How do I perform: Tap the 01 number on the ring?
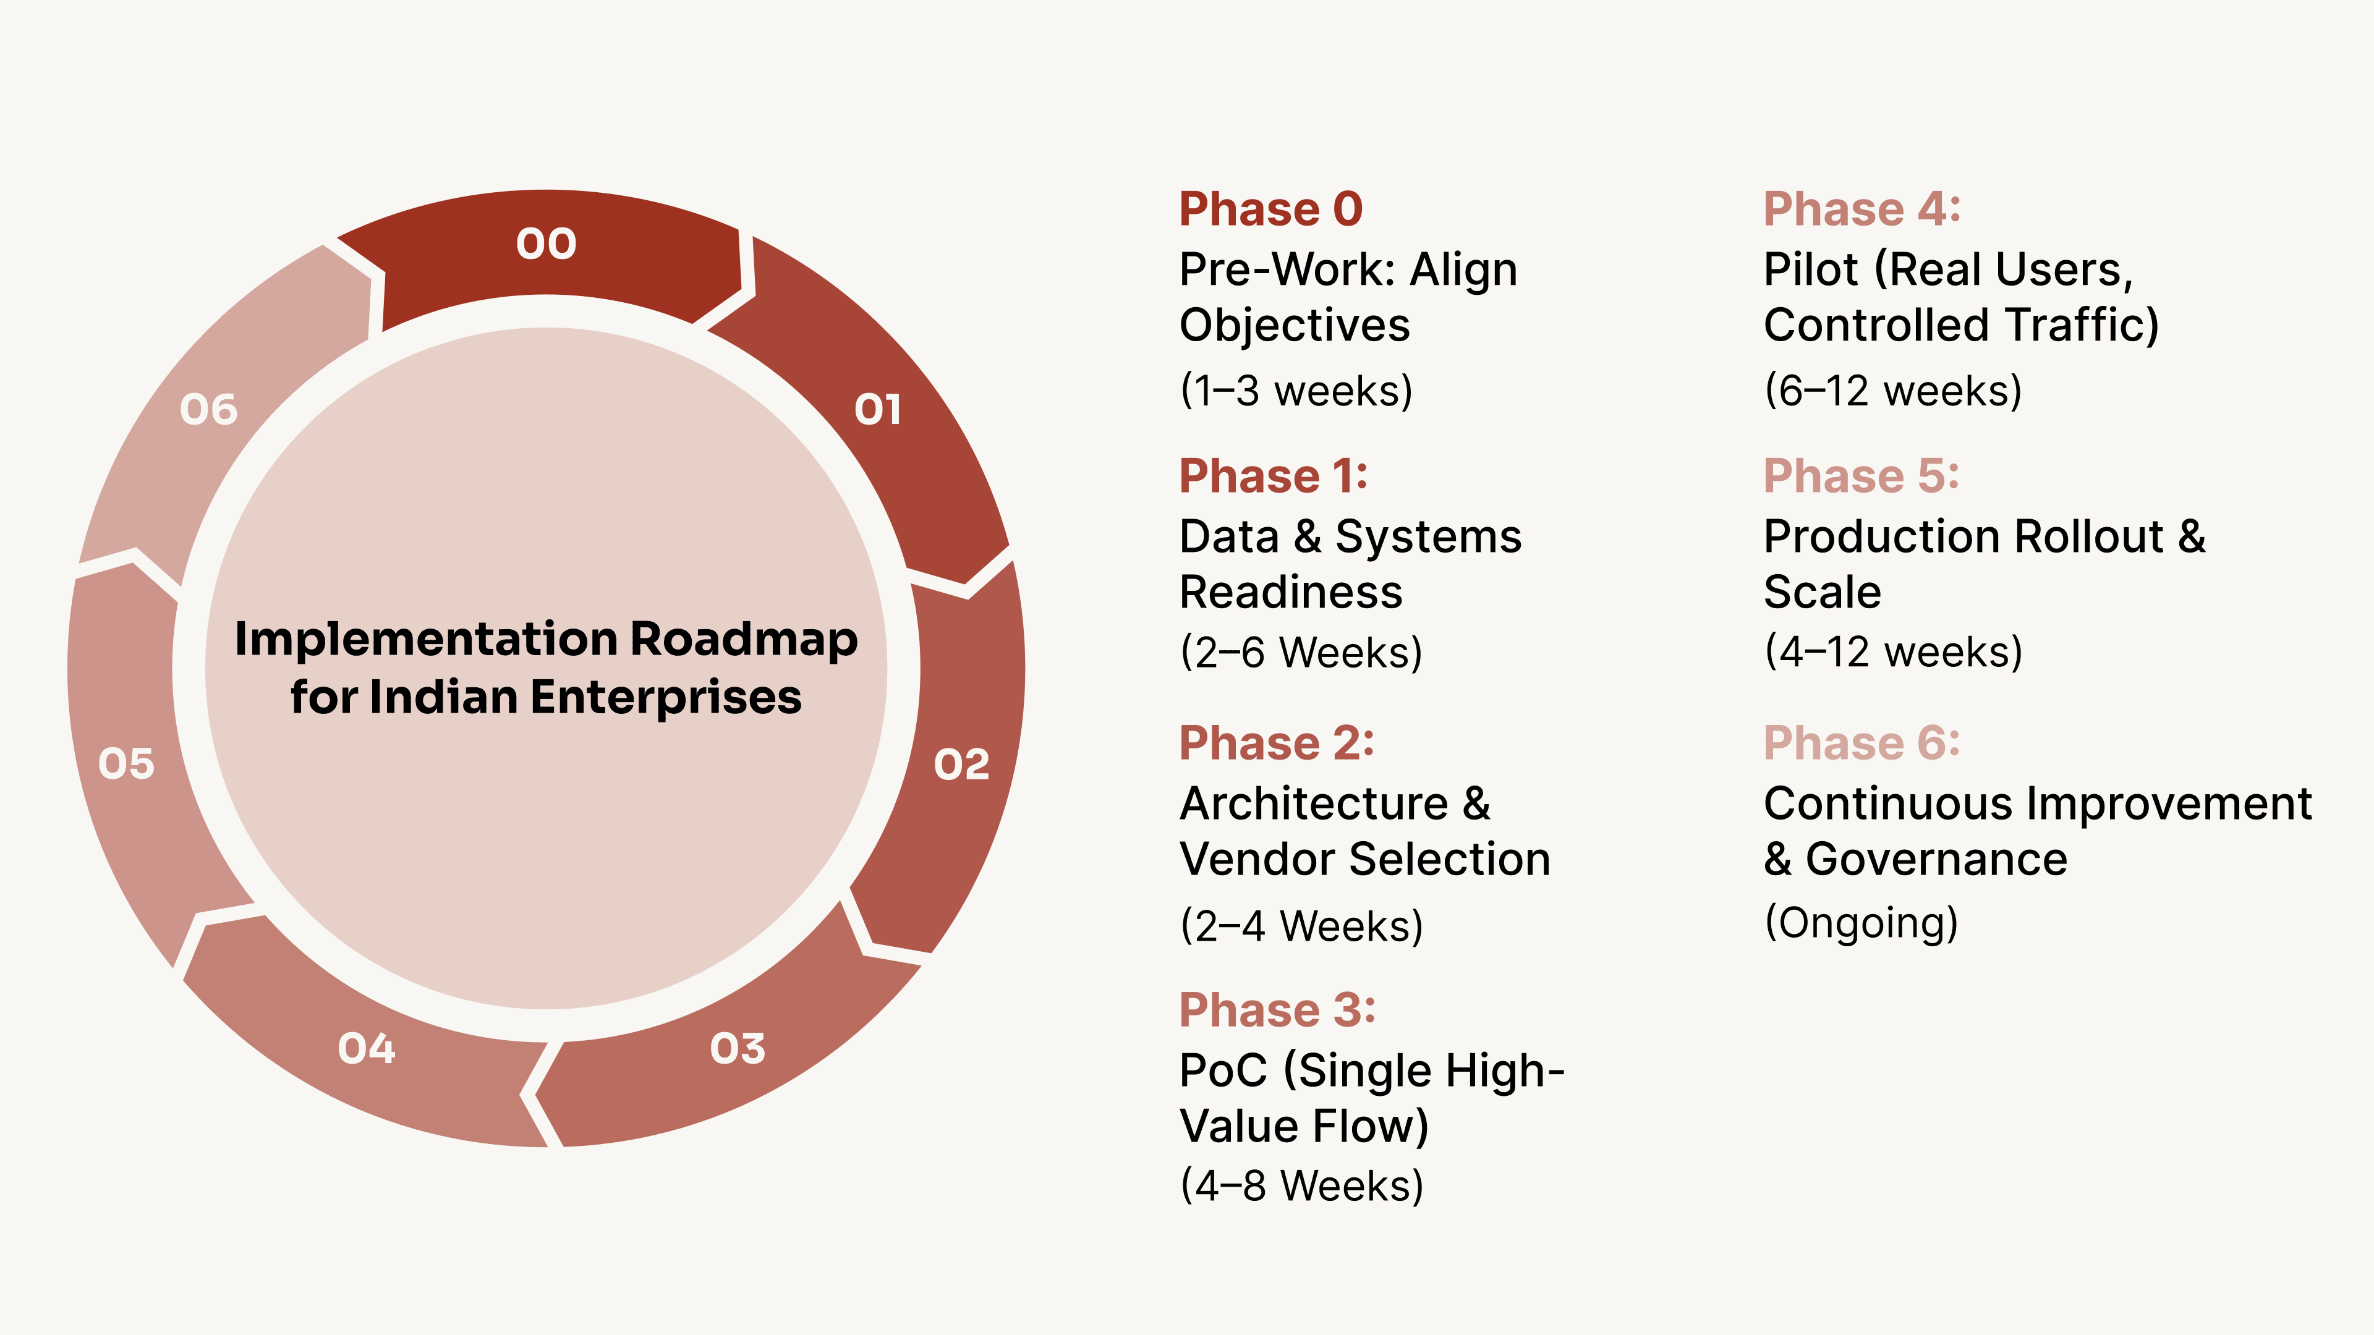point(877,410)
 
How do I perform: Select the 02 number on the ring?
point(961,764)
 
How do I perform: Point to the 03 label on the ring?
point(738,1048)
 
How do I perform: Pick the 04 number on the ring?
point(366,1048)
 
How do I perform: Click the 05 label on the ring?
point(126,764)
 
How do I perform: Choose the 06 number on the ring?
point(208,410)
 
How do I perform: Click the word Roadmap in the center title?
point(744,640)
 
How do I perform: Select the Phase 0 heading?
point(1270,209)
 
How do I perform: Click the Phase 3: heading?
point(1277,1010)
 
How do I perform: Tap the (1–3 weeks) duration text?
point(1296,391)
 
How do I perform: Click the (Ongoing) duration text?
point(1861,922)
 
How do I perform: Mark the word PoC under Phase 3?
point(1223,1070)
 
